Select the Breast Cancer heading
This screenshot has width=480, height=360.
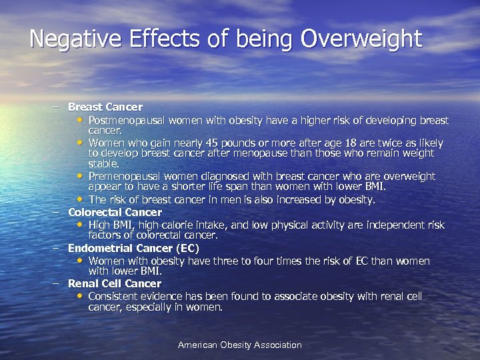pos(105,107)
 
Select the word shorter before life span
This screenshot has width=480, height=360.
pos(177,187)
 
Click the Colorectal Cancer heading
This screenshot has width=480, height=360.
pos(115,212)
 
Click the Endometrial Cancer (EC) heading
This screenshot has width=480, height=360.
pos(133,248)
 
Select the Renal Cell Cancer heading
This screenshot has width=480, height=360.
pos(115,283)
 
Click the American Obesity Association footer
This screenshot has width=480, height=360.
pos(239,345)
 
